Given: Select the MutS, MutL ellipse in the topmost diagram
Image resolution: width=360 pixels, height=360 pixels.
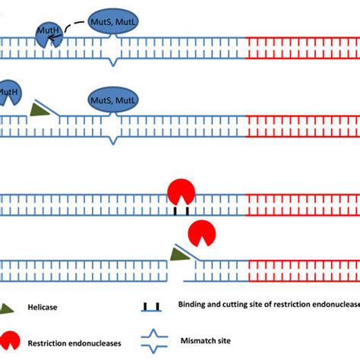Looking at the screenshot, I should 113,22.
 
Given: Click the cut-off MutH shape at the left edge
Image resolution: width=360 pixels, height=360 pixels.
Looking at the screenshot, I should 8,95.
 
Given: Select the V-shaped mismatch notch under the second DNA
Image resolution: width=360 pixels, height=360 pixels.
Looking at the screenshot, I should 113,138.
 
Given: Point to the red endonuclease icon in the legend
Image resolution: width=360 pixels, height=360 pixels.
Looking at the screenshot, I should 13,339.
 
